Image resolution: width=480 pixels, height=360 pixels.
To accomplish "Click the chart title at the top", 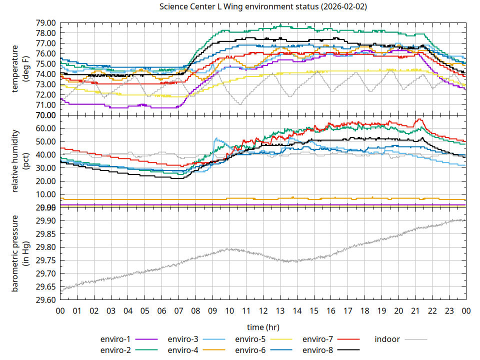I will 263,7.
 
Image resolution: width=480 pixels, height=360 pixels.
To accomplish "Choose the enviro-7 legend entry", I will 318,339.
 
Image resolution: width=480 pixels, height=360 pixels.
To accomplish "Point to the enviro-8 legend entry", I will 318,350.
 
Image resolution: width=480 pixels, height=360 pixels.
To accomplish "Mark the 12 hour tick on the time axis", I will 263,310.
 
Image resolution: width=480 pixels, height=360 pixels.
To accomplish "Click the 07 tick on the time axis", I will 178,310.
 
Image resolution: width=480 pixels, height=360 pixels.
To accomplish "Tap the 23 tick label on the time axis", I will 449,310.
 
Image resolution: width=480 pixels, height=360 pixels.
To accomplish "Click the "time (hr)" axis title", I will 263,327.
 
